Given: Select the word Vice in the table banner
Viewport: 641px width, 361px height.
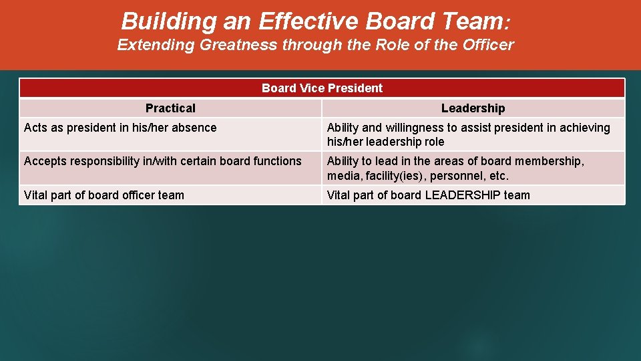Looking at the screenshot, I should [309, 88].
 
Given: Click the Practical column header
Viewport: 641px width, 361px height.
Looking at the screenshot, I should [170, 108].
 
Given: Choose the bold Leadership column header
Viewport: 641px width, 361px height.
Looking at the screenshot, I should [473, 108].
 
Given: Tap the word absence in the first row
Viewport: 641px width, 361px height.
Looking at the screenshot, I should [194, 128].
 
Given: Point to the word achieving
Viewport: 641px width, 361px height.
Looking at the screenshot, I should [584, 128].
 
